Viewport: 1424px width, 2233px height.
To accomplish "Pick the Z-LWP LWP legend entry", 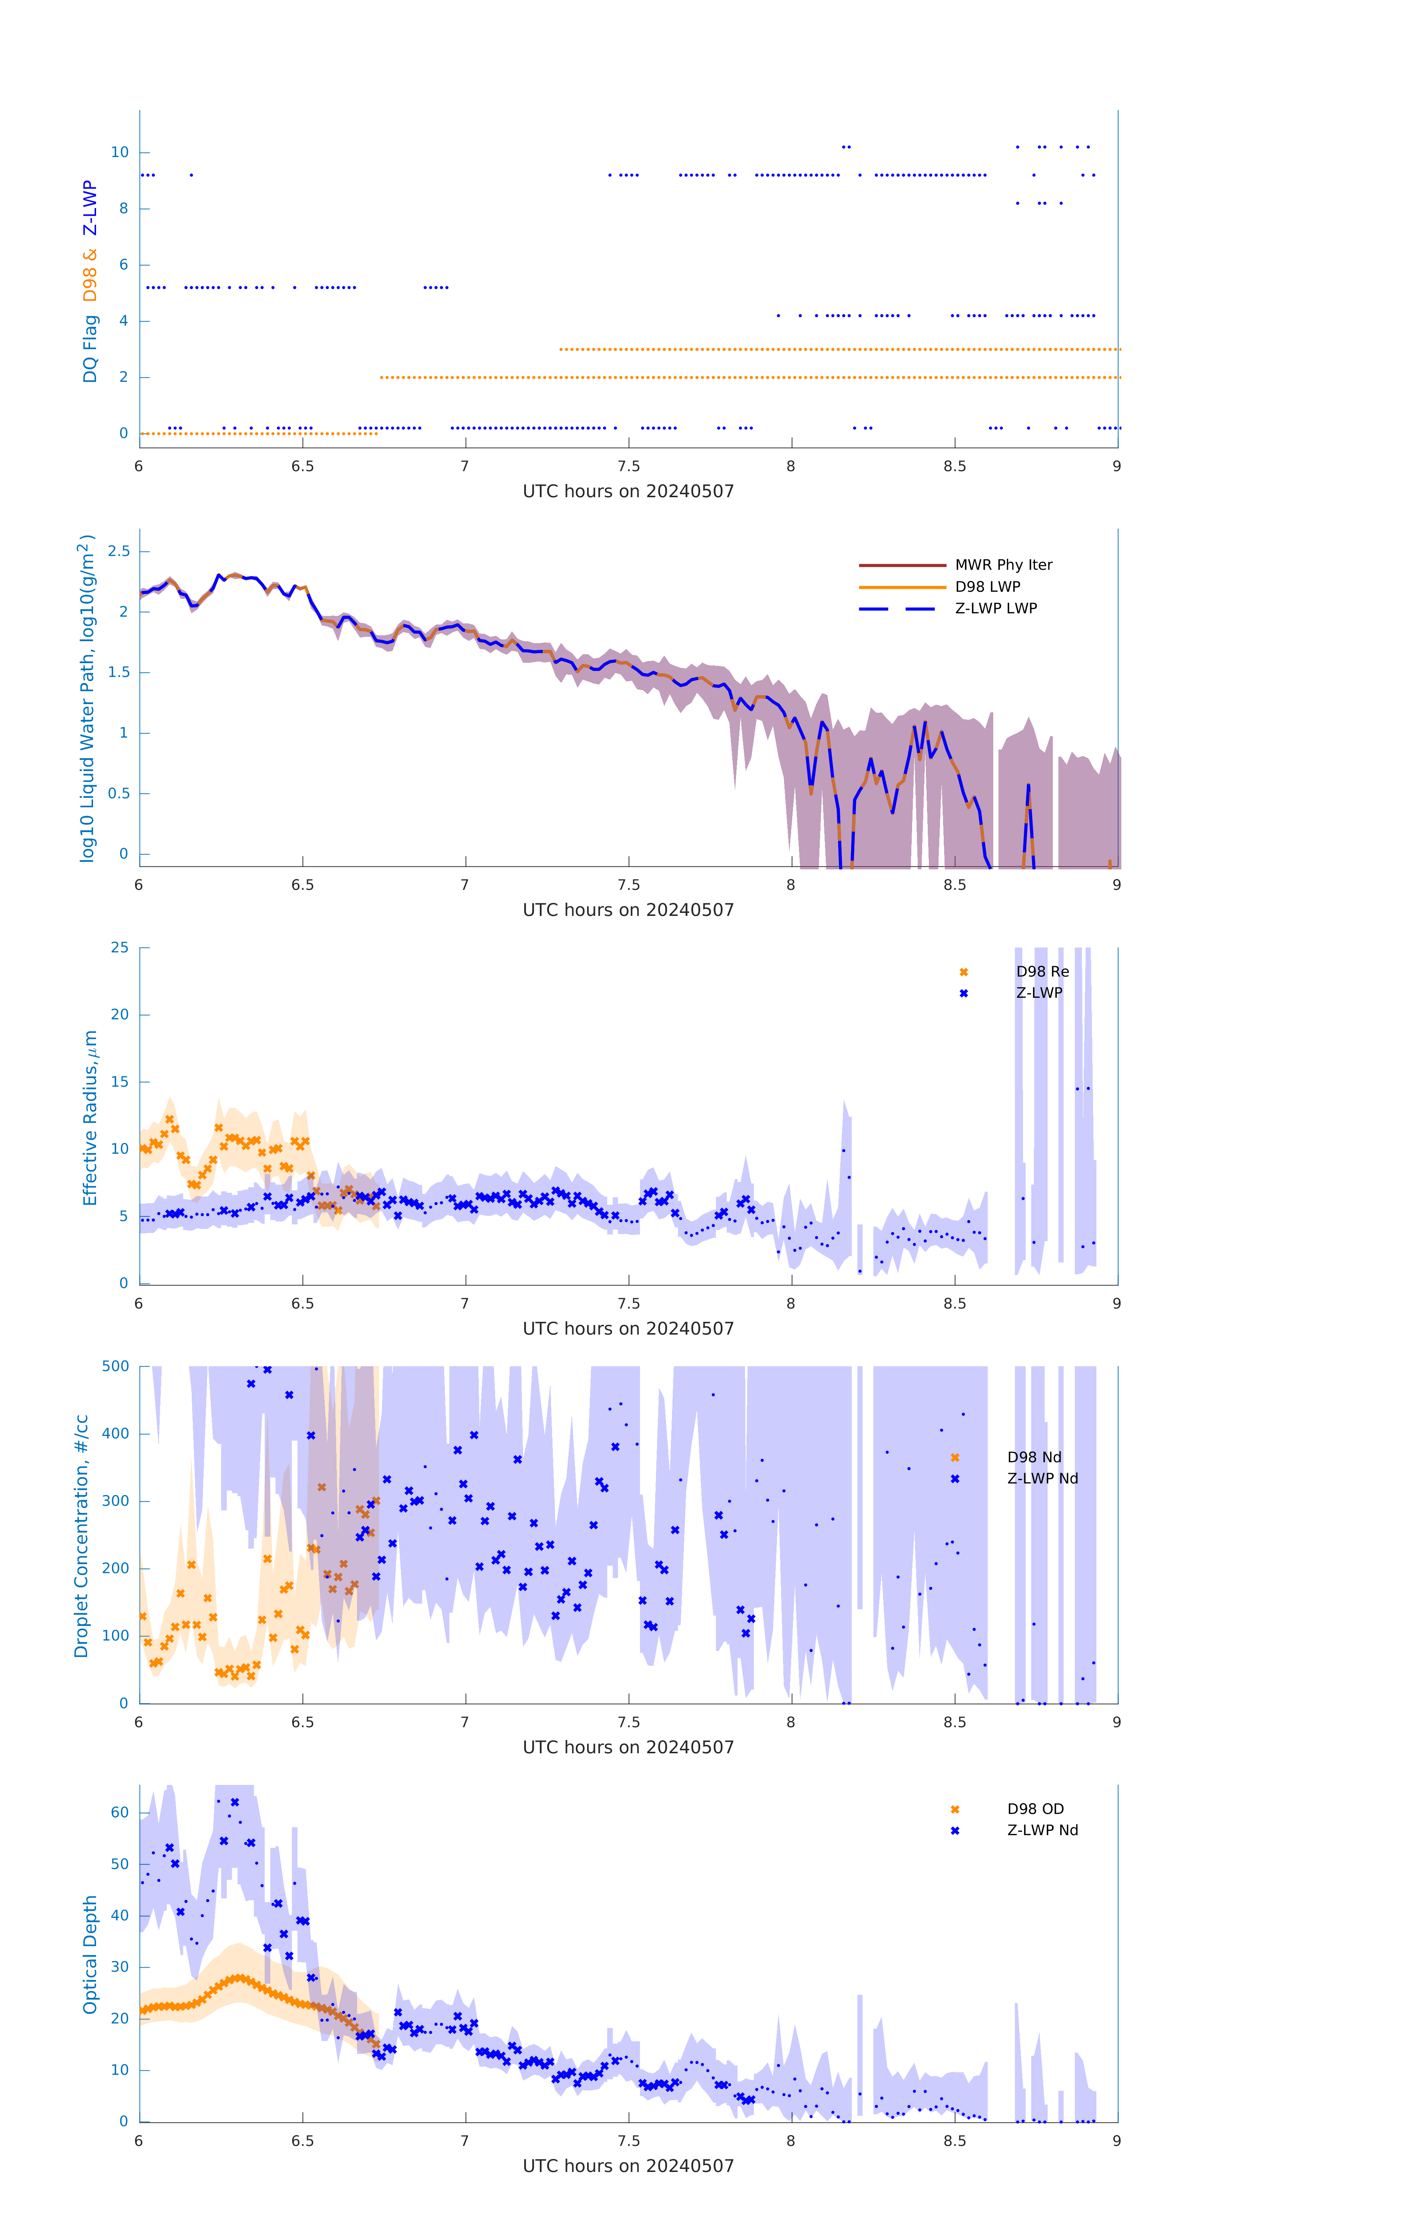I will point(995,608).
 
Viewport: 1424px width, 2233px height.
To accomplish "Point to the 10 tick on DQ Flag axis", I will point(120,152).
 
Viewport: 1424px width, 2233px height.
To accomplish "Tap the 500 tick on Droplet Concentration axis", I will point(116,1366).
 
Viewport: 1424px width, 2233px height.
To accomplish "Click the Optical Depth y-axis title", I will point(90,1955).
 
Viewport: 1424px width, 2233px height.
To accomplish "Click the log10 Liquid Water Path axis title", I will point(86,698).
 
